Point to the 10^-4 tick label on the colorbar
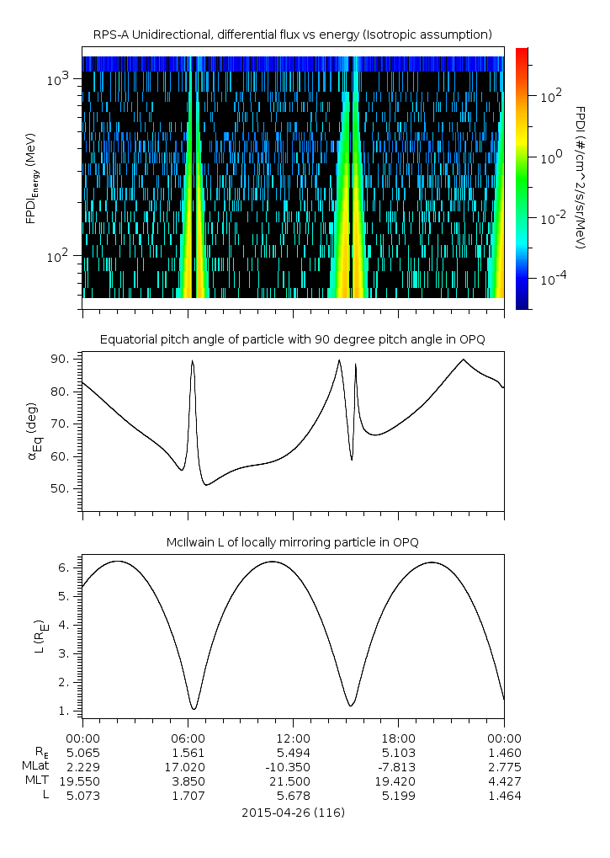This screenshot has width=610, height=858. coord(552,277)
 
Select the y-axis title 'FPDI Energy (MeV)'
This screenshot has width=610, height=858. coord(31,178)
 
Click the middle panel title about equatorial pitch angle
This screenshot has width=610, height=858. coord(292,339)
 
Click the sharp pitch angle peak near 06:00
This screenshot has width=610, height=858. coord(193,361)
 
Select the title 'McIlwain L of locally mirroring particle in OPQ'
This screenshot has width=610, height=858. coord(292,541)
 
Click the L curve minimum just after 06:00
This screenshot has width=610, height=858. coord(194,709)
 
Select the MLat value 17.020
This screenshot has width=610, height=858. coord(188,766)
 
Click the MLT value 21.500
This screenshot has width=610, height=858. coord(293,781)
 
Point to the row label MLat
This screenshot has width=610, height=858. coord(38,766)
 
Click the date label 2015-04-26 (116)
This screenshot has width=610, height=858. coord(293,813)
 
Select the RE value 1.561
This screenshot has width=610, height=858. coord(188,752)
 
